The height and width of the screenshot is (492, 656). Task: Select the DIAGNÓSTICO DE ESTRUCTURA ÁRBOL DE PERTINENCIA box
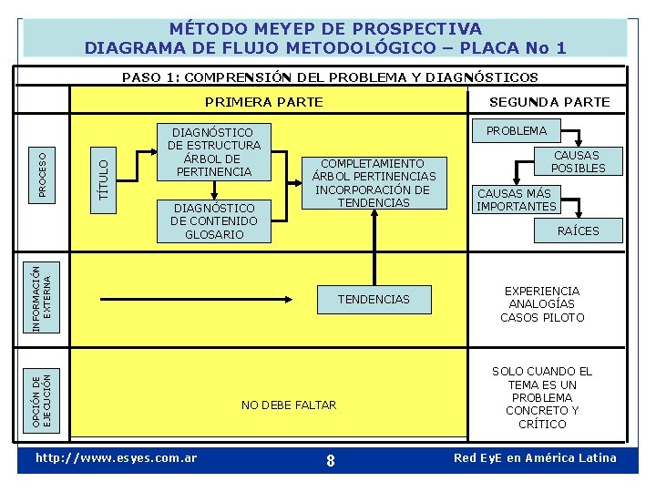tap(214, 151)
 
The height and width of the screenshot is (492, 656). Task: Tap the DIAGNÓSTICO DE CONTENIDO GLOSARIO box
tap(214, 220)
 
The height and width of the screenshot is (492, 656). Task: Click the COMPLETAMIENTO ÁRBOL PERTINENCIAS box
tap(374, 183)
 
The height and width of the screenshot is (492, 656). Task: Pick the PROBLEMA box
tap(517, 130)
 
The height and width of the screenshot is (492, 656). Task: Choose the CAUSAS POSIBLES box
tap(578, 161)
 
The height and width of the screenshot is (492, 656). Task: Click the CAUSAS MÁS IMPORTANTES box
tap(517, 200)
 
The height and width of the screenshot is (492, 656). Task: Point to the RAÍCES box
tap(578, 231)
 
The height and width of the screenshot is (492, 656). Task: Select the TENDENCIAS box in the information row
tap(374, 299)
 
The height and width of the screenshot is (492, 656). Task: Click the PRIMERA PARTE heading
tap(263, 102)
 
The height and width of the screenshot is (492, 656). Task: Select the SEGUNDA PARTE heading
tap(549, 102)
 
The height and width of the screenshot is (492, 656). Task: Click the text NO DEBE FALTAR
tap(288, 405)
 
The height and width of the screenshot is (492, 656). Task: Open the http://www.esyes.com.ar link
tap(115, 457)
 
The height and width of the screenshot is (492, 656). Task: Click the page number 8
tap(330, 461)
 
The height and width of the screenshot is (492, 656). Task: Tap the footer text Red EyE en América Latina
tap(535, 457)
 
